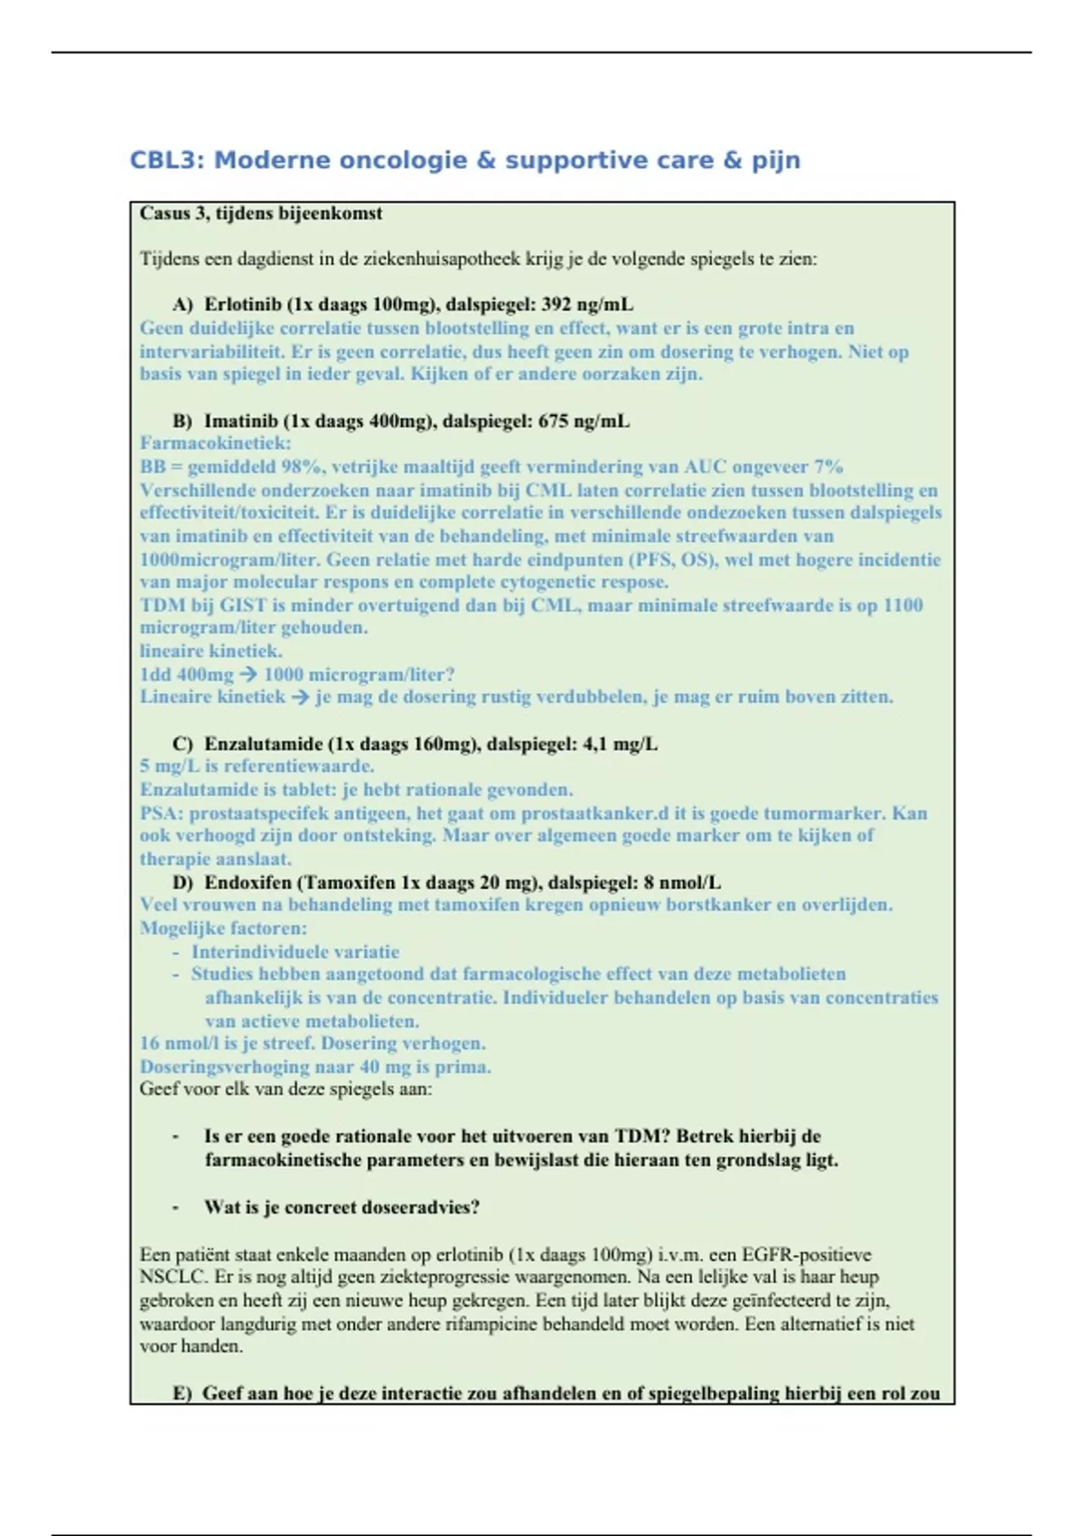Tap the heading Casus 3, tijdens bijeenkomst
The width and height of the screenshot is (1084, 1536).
coord(261,214)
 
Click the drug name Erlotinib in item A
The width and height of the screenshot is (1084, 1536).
coord(242,304)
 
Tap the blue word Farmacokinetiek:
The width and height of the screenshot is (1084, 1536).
coord(215,444)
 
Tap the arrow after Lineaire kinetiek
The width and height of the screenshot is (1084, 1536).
coord(300,697)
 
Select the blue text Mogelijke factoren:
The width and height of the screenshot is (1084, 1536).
coord(223,928)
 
